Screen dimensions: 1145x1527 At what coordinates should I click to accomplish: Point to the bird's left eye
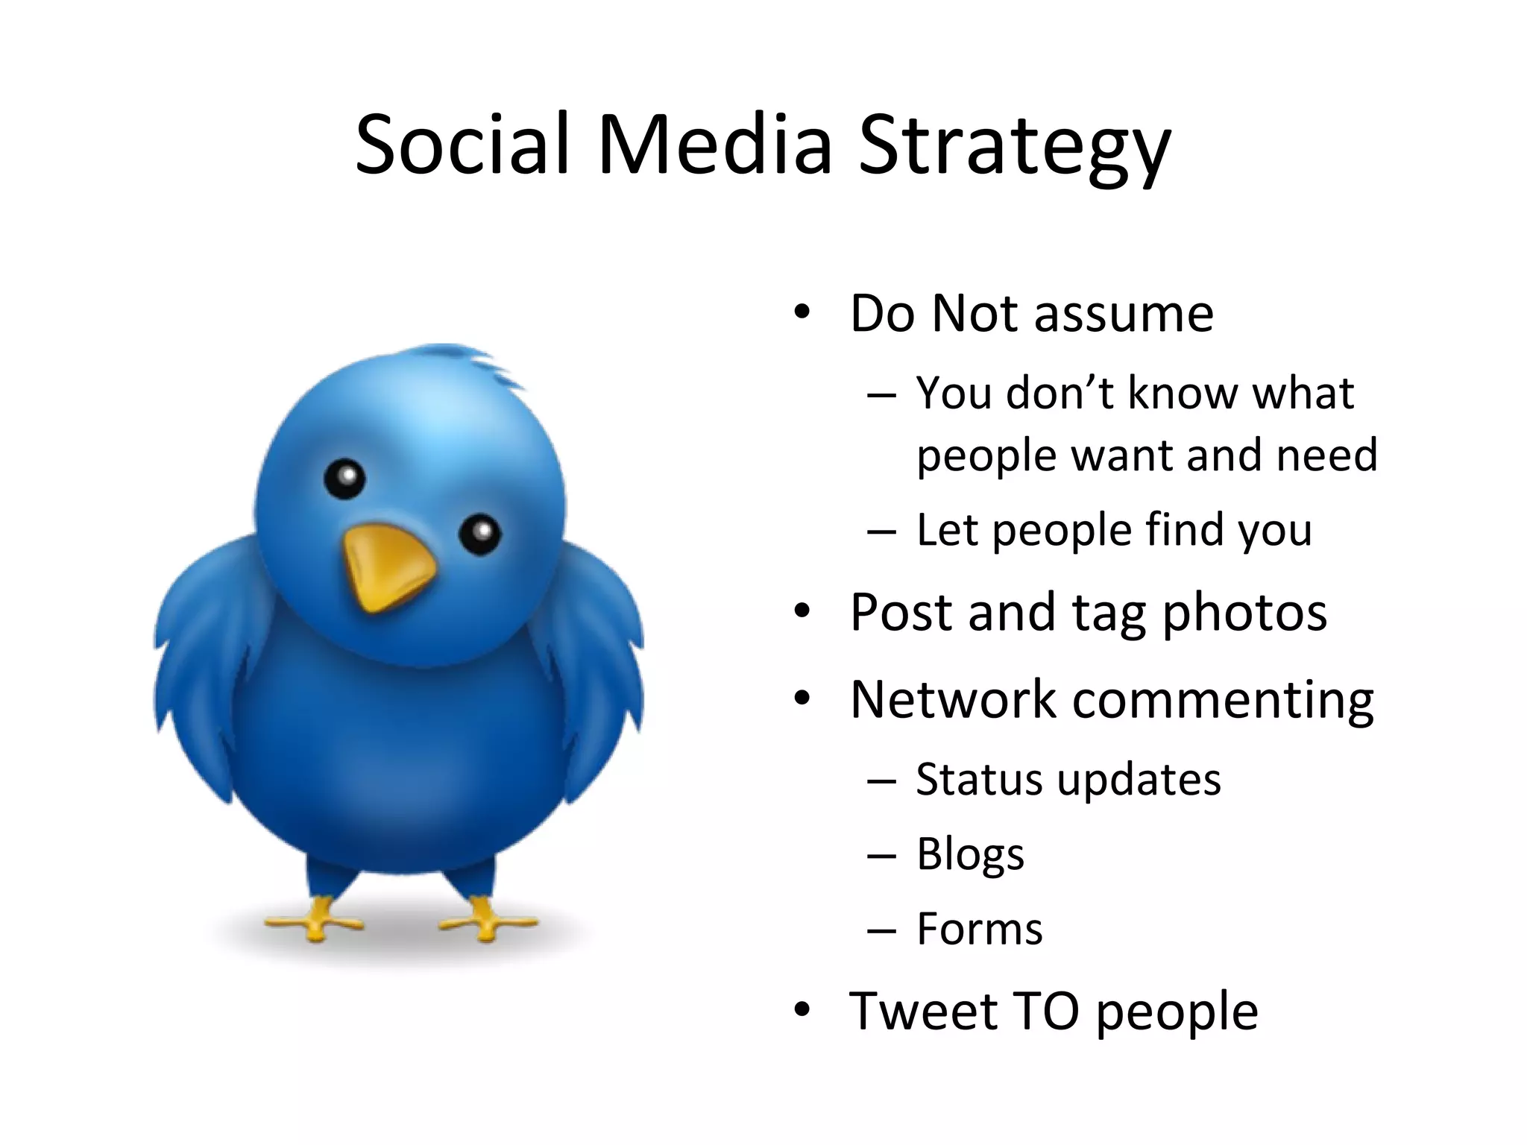point(344,478)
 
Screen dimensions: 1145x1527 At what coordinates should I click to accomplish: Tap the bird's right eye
point(479,534)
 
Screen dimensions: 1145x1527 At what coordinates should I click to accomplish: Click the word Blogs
point(970,854)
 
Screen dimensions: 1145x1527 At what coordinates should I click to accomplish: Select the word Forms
point(979,930)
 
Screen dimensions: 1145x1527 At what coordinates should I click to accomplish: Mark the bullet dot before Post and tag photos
point(802,612)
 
